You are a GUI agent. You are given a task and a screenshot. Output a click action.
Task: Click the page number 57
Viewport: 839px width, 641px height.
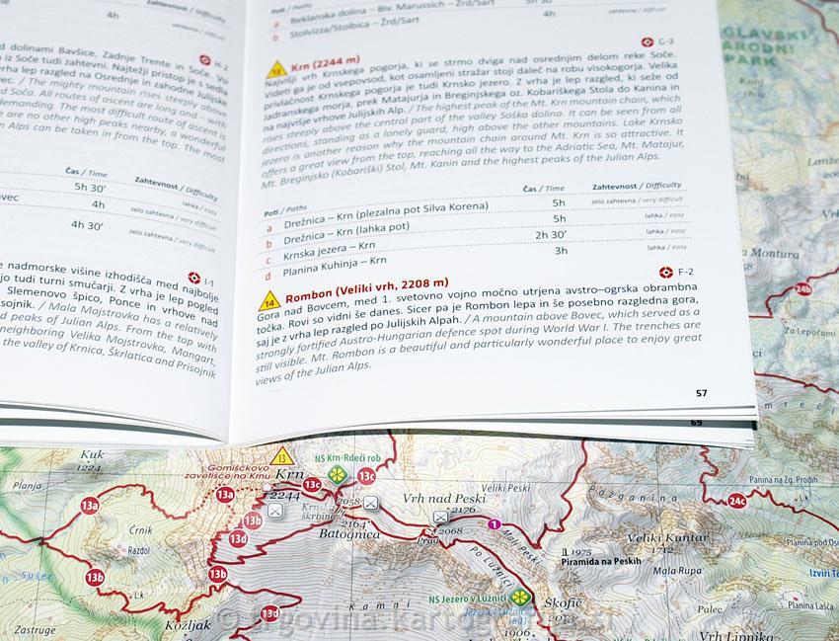(701, 392)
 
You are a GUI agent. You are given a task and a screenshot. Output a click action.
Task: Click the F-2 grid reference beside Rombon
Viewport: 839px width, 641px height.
(681, 271)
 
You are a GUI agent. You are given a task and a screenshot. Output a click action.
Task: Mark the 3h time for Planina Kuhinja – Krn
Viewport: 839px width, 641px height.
(561, 251)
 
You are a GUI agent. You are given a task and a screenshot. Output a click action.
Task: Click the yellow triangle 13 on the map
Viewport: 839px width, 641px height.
(284, 455)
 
